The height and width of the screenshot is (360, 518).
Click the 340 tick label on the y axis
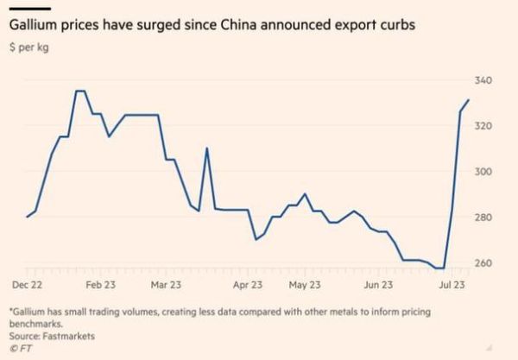point(483,81)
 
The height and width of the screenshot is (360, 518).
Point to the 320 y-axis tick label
point(483,126)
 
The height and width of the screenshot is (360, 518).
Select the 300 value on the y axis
point(483,172)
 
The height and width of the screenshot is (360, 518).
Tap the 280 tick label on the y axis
point(483,218)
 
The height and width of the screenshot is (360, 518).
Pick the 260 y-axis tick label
point(483,263)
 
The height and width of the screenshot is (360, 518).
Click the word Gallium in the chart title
point(33,25)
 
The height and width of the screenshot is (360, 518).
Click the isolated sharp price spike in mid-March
point(206,148)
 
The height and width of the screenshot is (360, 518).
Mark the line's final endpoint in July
point(468,100)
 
